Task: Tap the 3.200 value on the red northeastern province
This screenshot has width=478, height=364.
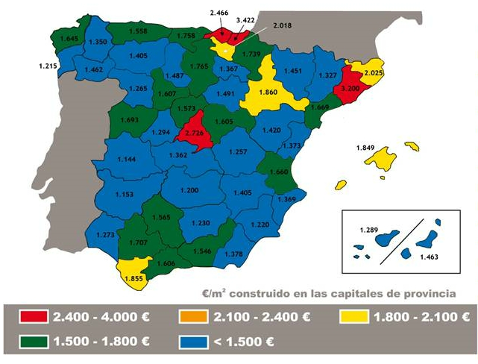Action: click(351, 87)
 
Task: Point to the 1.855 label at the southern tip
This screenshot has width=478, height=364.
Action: click(134, 278)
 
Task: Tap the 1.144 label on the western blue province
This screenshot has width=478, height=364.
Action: click(128, 160)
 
